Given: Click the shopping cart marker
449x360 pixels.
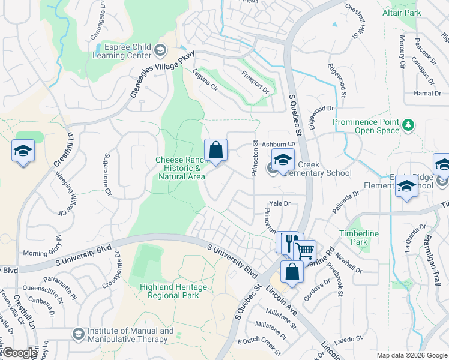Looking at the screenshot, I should (x=305, y=250).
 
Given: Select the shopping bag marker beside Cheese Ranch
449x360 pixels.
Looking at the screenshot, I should (x=215, y=151).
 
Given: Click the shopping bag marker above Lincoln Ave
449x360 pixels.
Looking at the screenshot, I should (x=291, y=271).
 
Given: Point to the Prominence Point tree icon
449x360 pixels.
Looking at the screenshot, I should (x=408, y=125).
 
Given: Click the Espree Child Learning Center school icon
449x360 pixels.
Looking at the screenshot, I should (x=160, y=50).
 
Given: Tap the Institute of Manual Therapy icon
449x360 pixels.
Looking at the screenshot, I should (x=77, y=333).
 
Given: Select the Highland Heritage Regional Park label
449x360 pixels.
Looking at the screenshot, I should (x=173, y=292).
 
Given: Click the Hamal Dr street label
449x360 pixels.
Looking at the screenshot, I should (x=427, y=94).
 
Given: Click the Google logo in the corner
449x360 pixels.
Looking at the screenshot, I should (x=20, y=353).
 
